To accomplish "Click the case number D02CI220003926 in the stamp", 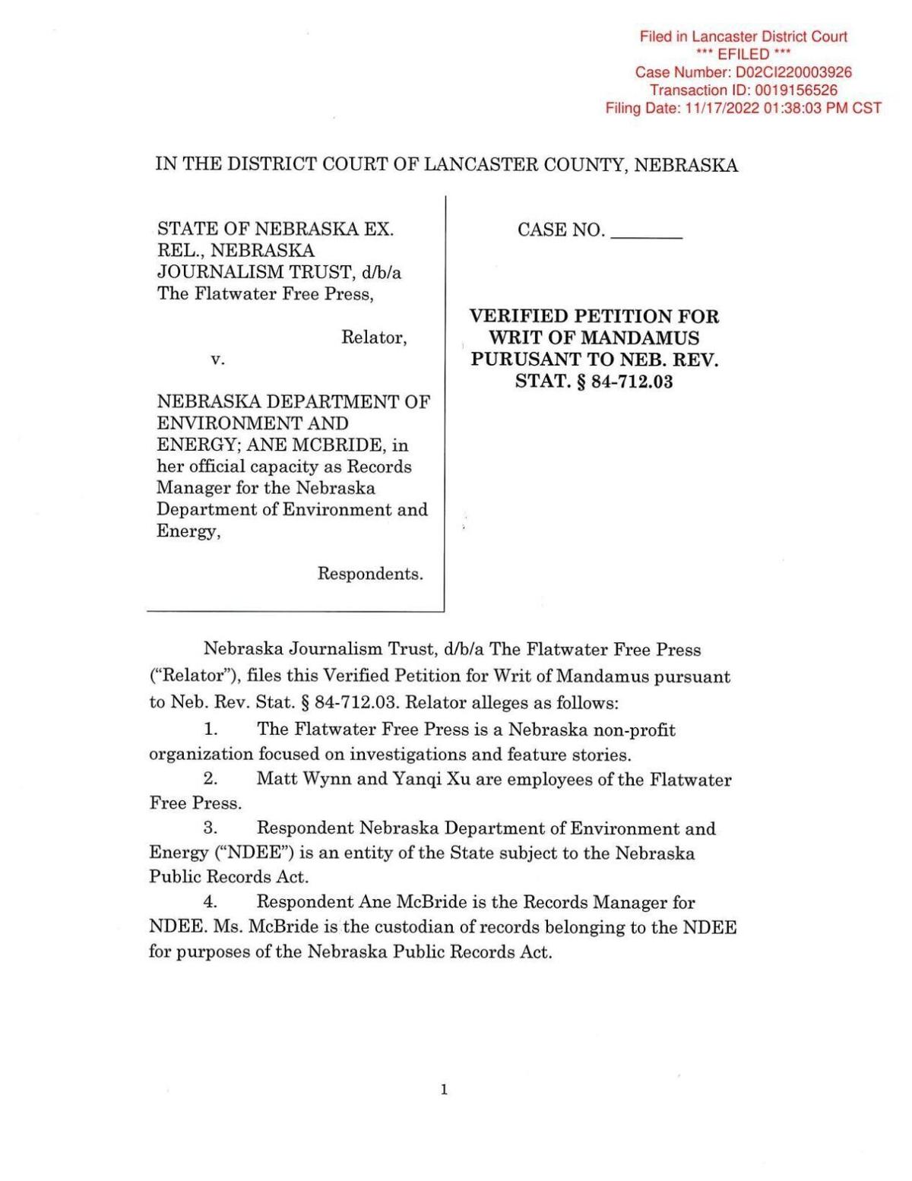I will (793, 72).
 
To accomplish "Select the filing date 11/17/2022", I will (720, 108).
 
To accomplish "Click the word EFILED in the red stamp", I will (743, 54).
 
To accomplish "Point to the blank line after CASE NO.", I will (646, 230).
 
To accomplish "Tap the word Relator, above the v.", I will (374, 337).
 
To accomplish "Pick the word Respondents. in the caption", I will (370, 574).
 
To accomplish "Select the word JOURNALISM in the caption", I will (207, 272).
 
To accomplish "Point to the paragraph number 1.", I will (211, 730).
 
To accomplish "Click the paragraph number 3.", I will (211, 828).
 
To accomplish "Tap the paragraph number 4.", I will (211, 902).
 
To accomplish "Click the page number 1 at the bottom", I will (444, 1090).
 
